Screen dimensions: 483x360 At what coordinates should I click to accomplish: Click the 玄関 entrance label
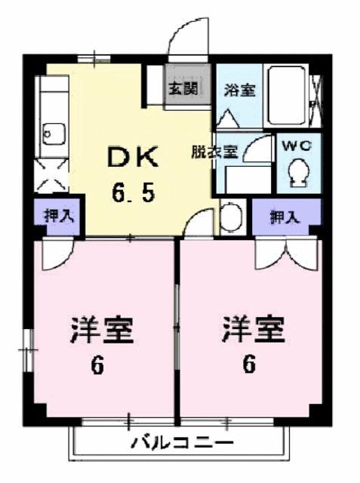tap(182, 88)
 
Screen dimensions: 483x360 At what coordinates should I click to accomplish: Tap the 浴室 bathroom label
tap(240, 91)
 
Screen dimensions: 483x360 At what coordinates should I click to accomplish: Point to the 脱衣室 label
tap(214, 152)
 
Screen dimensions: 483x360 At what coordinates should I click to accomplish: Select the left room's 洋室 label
tap(102, 331)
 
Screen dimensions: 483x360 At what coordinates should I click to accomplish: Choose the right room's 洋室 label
tap(253, 331)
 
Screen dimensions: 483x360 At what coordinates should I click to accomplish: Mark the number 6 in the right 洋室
tap(248, 366)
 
